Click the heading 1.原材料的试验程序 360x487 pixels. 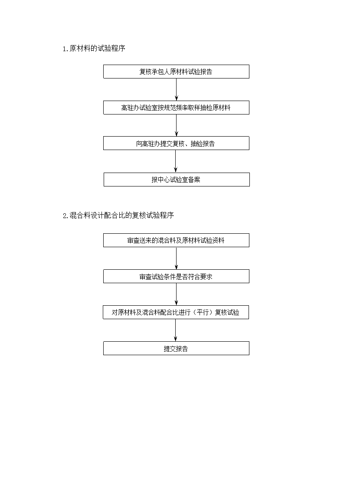click(x=94, y=49)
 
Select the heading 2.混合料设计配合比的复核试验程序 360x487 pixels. click(x=118, y=215)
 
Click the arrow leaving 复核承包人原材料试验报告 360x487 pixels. click(x=177, y=89)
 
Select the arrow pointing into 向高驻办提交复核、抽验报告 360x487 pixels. click(x=177, y=125)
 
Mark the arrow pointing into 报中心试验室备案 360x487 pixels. click(x=176, y=161)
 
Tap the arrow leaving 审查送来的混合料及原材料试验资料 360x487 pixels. click(x=177, y=258)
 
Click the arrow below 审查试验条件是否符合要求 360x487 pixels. click(x=177, y=294)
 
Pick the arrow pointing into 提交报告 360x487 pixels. click(x=176, y=330)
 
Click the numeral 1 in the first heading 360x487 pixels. click(x=64, y=49)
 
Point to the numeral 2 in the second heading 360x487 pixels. click(x=65, y=216)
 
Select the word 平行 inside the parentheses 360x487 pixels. click(x=203, y=312)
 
